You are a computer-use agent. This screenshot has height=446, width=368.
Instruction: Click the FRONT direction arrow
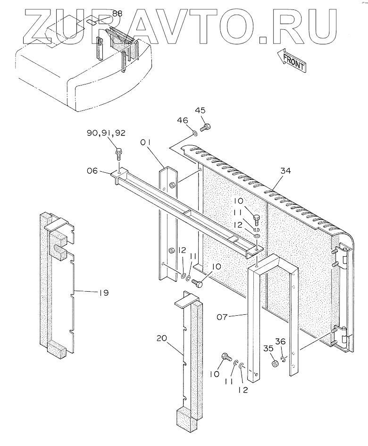[x=292, y=59]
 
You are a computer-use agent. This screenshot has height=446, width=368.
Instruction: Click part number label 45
[x=201, y=111]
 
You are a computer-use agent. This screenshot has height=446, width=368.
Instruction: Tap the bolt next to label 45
[x=205, y=126]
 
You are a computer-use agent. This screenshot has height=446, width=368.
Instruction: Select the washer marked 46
[x=194, y=134]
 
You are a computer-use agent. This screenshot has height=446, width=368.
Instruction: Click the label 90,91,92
[x=106, y=135]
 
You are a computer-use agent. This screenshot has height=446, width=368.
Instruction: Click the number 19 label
[x=103, y=293]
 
